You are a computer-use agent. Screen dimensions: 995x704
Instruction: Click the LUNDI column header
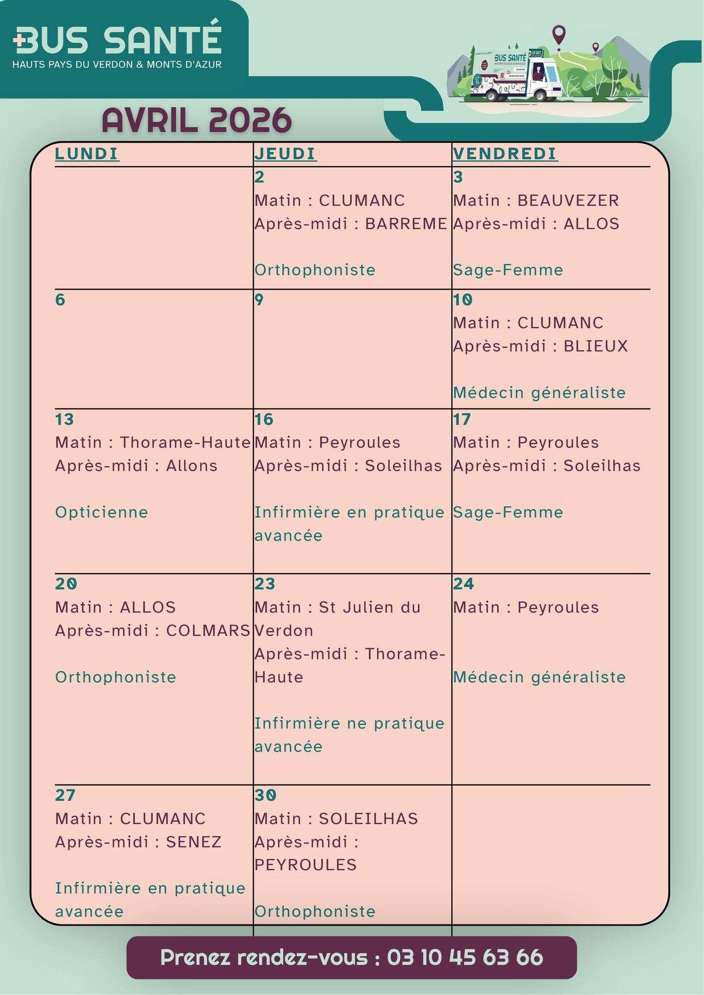(87, 154)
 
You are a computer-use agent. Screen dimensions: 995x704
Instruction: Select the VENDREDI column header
(505, 154)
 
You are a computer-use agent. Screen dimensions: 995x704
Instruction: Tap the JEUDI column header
(285, 154)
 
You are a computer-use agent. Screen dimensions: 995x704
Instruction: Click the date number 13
(64, 419)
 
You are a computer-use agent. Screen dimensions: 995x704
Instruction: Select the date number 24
(463, 583)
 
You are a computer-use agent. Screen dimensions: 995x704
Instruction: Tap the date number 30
(265, 795)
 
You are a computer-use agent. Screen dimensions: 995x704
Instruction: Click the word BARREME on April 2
(406, 223)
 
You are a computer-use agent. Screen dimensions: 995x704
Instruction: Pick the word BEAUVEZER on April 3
(568, 200)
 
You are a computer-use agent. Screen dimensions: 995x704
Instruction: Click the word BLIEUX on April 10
(596, 346)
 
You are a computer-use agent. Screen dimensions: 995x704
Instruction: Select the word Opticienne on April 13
(102, 512)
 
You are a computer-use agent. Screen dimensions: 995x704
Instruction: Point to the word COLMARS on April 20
(208, 630)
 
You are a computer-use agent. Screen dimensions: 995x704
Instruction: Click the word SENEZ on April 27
(194, 841)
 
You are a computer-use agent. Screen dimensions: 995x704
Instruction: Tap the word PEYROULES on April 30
(306, 865)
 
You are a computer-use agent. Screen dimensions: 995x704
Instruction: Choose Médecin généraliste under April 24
(539, 677)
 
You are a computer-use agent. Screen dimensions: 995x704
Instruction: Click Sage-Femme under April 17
(508, 512)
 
